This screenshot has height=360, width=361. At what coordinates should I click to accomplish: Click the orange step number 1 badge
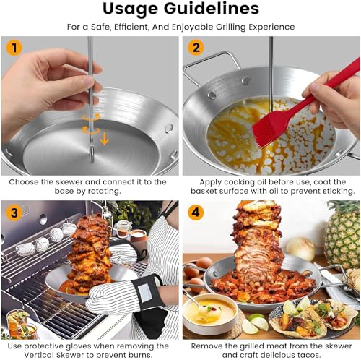14,48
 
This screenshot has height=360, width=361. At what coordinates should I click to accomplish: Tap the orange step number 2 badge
196,48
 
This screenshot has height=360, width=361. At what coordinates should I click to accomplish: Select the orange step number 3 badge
14,213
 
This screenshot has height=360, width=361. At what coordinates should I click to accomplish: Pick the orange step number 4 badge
196,213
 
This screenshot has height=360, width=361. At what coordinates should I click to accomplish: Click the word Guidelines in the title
212,9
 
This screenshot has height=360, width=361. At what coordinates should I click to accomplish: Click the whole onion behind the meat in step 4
301,248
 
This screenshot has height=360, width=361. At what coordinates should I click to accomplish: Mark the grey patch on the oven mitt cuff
145,293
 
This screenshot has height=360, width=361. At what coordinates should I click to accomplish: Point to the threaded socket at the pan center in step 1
92,153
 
